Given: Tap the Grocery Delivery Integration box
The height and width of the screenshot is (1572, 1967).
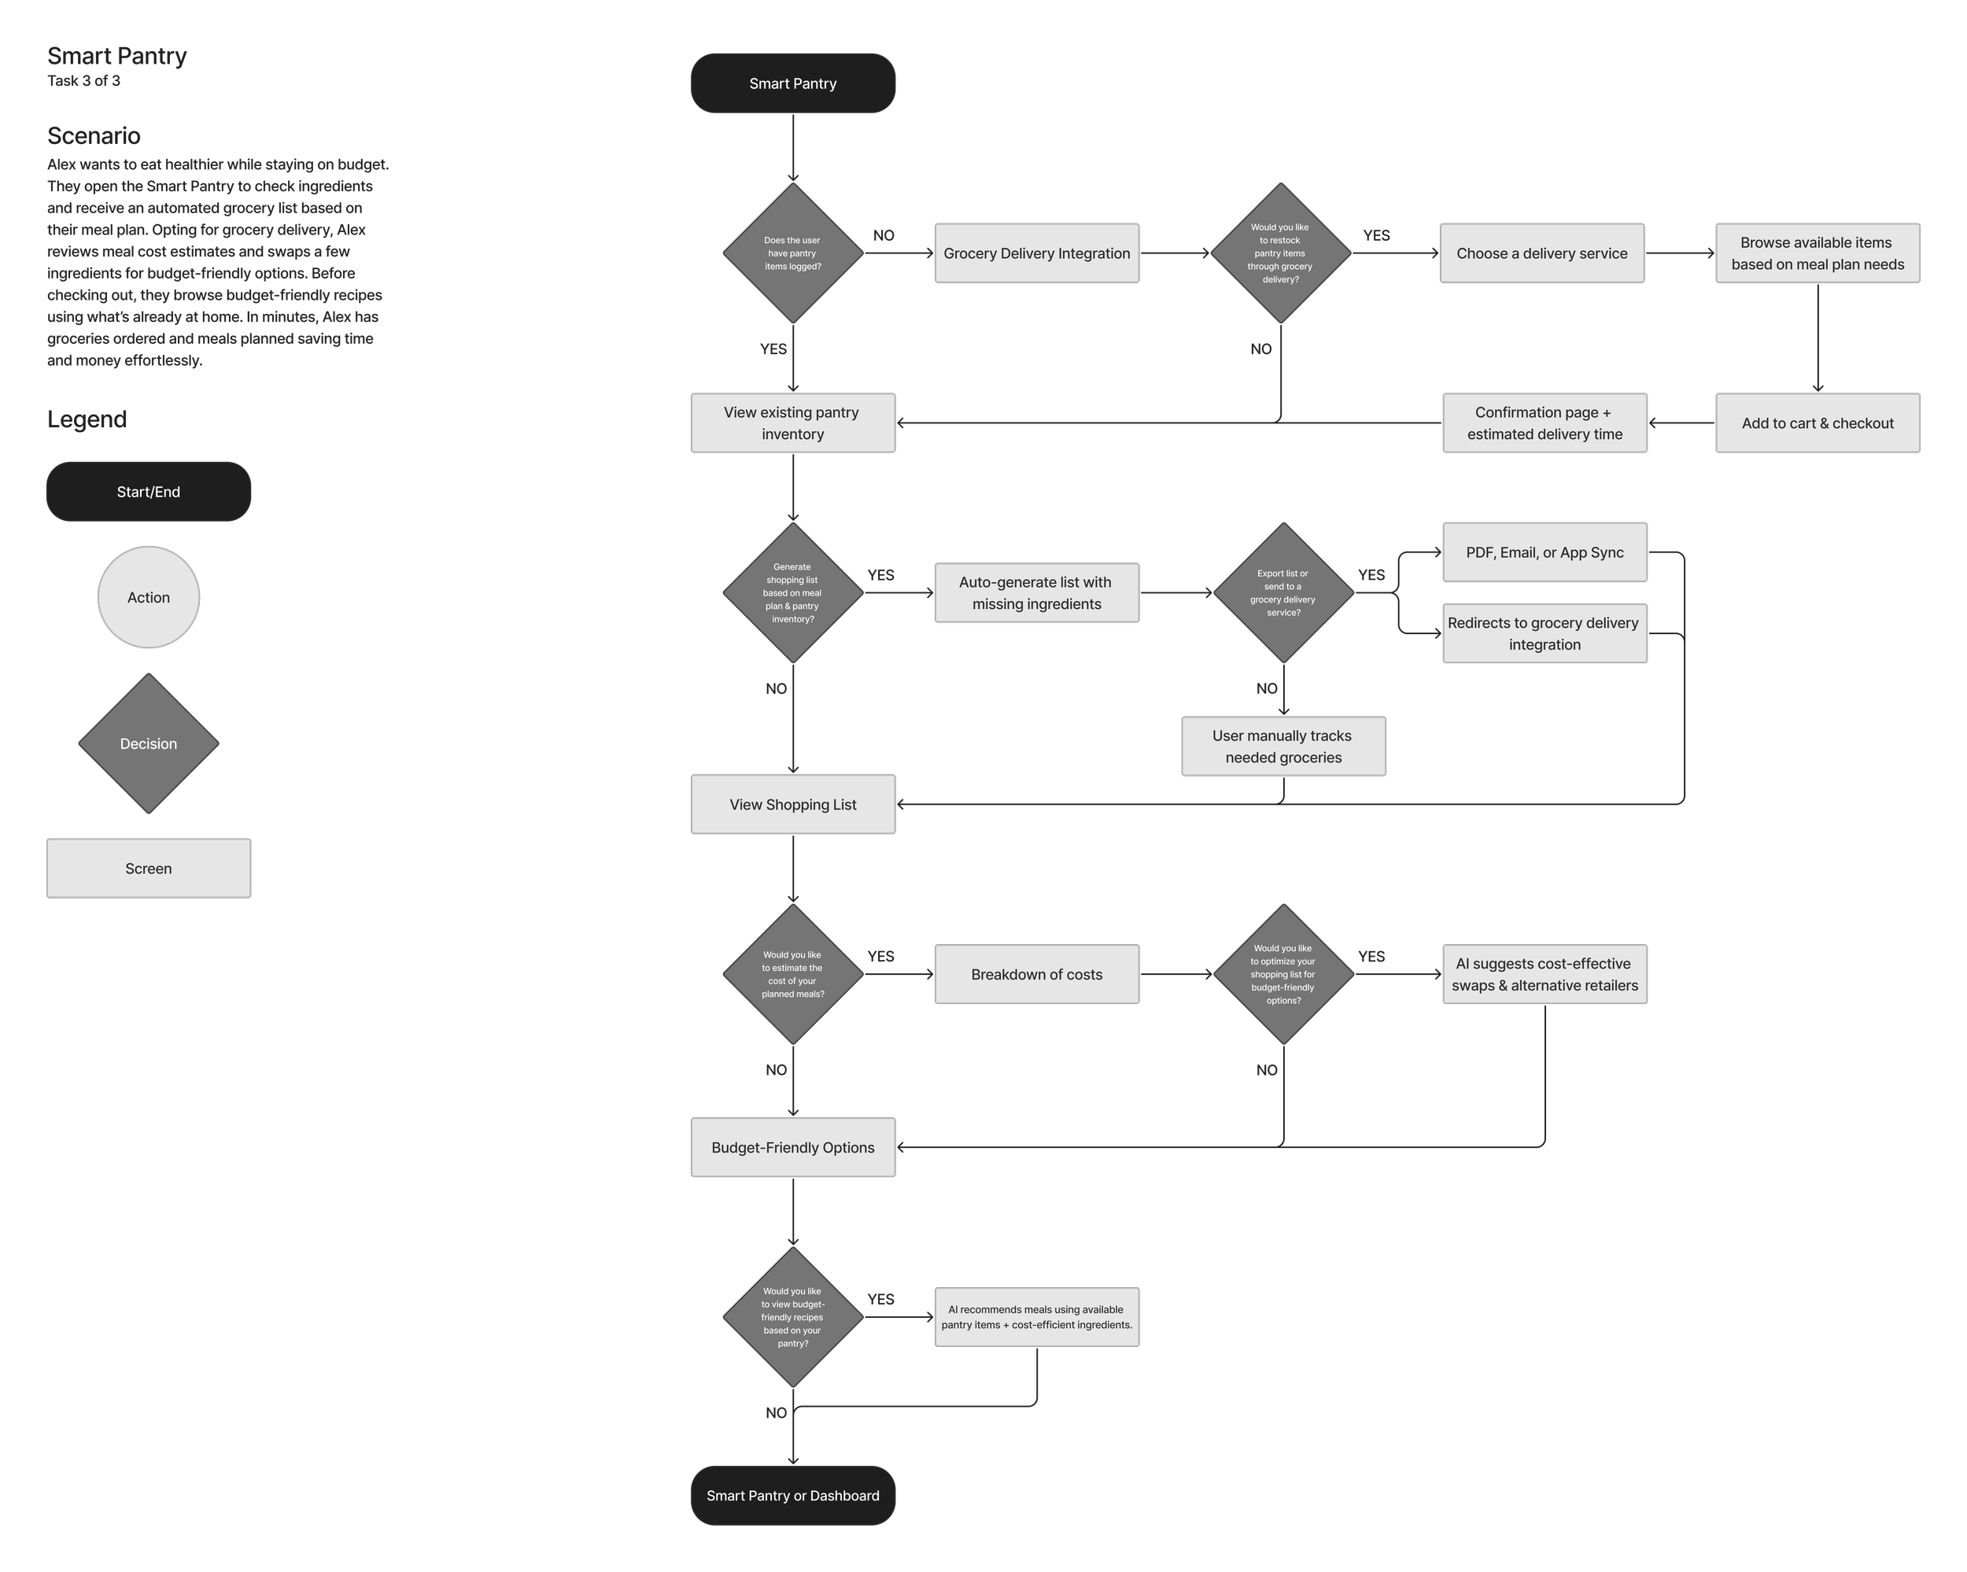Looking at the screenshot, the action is (1036, 253).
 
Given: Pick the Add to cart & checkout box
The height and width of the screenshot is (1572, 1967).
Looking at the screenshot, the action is (1817, 423).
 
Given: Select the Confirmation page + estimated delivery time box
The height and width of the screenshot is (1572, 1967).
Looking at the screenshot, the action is (1544, 423).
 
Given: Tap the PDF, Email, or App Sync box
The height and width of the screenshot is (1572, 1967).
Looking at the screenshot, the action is (1544, 552).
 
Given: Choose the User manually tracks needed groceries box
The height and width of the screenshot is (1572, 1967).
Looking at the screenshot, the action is (1282, 747).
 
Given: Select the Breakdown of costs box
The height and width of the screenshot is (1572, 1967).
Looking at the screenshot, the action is (1036, 974).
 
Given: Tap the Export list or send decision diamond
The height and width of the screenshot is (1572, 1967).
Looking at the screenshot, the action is (1282, 593).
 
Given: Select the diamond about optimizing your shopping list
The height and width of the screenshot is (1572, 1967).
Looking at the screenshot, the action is (1282, 974).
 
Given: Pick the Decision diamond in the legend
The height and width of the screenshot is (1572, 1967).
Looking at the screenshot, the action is (148, 744).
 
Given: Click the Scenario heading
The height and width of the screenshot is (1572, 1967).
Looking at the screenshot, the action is (94, 136).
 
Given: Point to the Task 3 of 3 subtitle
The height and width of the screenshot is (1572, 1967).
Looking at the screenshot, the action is (84, 80).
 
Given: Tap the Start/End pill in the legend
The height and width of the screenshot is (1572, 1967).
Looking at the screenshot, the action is (148, 492).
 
